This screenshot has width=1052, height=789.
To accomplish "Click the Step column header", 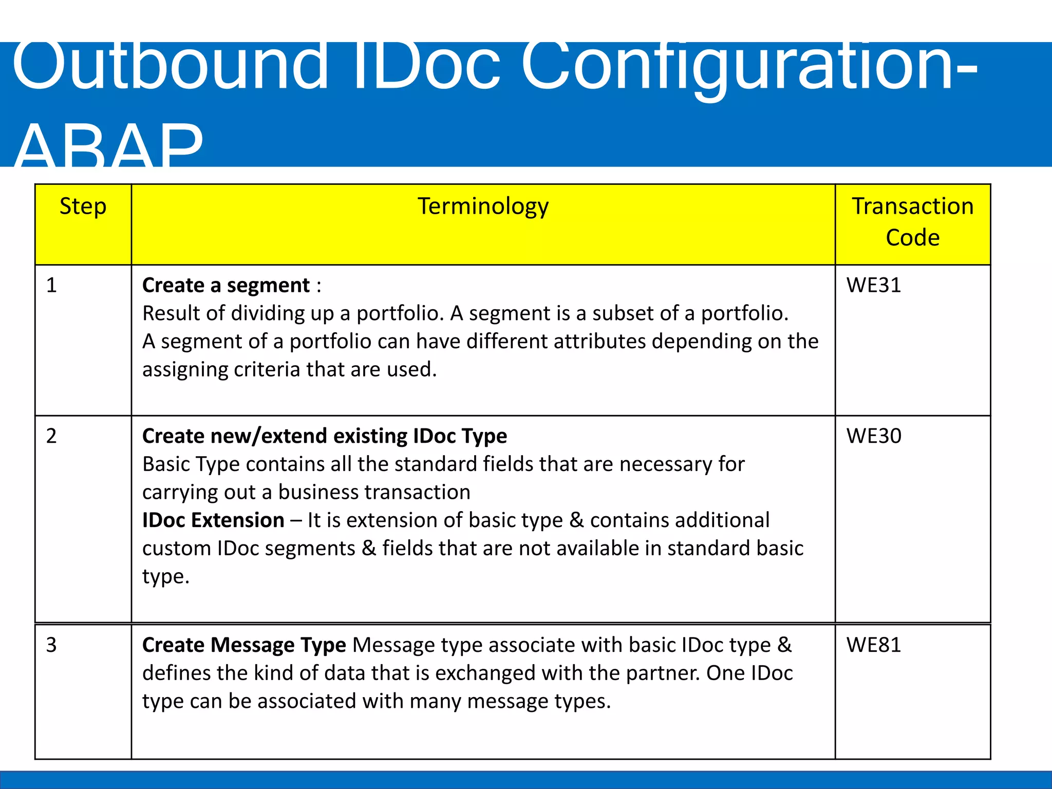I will pos(83,206).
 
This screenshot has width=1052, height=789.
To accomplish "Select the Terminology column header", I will pos(483,206).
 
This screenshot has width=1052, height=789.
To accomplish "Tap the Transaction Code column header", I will pos(912,222).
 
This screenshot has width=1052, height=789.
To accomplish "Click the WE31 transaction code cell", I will pos(873,285).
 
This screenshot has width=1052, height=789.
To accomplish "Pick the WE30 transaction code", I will pos(873,436).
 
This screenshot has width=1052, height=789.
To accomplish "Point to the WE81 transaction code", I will pos(873,645).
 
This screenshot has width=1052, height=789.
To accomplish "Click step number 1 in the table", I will pos(51,285).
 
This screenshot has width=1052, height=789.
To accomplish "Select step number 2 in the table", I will pos(51,436).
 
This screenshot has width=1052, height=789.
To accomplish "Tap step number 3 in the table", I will pos(51,645).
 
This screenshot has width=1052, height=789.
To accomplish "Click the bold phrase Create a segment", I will pos(226,285).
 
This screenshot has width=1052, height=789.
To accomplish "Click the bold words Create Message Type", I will pos(244,645).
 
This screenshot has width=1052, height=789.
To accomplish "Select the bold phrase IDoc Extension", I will pos(213,520).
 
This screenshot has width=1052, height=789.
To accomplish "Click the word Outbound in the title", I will pos(170,67).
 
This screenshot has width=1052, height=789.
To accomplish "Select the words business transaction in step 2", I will pos(374,493).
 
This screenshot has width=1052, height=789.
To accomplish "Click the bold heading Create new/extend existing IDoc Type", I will pos(324,436).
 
